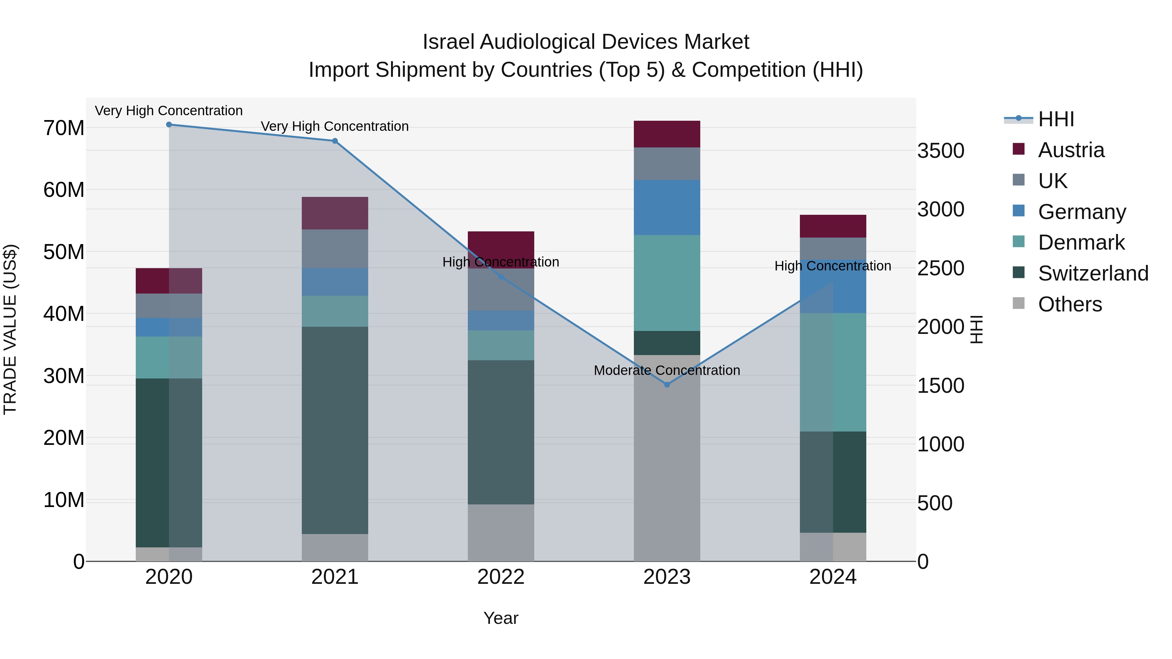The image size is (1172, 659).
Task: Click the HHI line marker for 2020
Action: (x=169, y=125)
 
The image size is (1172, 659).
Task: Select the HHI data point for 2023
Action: (x=667, y=385)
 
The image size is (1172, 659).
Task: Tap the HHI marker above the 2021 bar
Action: (x=335, y=141)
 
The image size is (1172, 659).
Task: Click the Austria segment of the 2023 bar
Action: (x=667, y=134)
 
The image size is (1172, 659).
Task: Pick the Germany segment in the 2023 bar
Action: (x=667, y=207)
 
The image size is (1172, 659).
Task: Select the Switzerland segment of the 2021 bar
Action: (x=335, y=430)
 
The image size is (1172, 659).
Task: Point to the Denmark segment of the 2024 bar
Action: (x=833, y=372)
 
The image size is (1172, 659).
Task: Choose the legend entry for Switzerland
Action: (x=1093, y=273)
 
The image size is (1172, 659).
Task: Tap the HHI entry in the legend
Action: (x=1055, y=119)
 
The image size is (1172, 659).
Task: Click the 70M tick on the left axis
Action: (x=64, y=128)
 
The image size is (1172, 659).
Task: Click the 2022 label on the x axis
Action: (x=501, y=577)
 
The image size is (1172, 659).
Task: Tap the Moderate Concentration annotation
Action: (x=667, y=370)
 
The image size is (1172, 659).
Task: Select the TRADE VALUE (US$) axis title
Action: (x=10, y=329)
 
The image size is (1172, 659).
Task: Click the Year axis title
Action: (x=501, y=618)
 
